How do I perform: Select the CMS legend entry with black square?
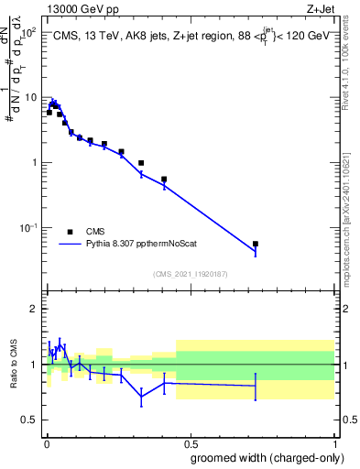pos(70,232)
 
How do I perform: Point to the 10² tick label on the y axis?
pos(28,32)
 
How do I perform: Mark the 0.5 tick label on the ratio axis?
pos(30,420)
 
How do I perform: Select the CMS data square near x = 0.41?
pos(164,180)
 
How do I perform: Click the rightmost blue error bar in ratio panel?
pos(256,386)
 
